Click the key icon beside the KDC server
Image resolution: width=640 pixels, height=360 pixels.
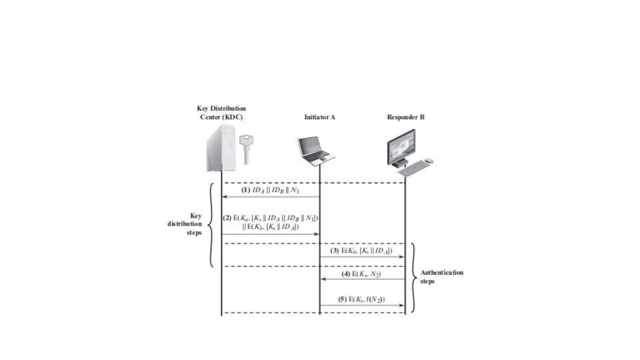coord(246,148)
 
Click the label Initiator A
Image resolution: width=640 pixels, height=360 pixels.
coord(319,117)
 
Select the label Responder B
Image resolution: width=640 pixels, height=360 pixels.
coord(405,117)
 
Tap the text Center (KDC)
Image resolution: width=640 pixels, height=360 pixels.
coord(221,117)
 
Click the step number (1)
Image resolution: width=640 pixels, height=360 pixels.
coord(246,190)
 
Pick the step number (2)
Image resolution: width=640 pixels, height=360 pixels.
coord(227,218)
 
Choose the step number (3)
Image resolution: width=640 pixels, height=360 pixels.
coord(334,251)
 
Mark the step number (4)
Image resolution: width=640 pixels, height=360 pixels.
coord(346,274)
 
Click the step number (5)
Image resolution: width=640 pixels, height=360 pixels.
coord(342,299)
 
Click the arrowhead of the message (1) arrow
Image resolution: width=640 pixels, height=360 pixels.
coord(224,197)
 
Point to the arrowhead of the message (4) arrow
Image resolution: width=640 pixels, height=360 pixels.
coord(323,279)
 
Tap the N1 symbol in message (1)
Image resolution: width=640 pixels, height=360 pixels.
coord(295,190)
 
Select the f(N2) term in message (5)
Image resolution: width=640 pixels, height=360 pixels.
coord(375,299)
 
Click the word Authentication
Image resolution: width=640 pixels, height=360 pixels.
coord(442,272)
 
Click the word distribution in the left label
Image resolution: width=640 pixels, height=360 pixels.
coord(184,224)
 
